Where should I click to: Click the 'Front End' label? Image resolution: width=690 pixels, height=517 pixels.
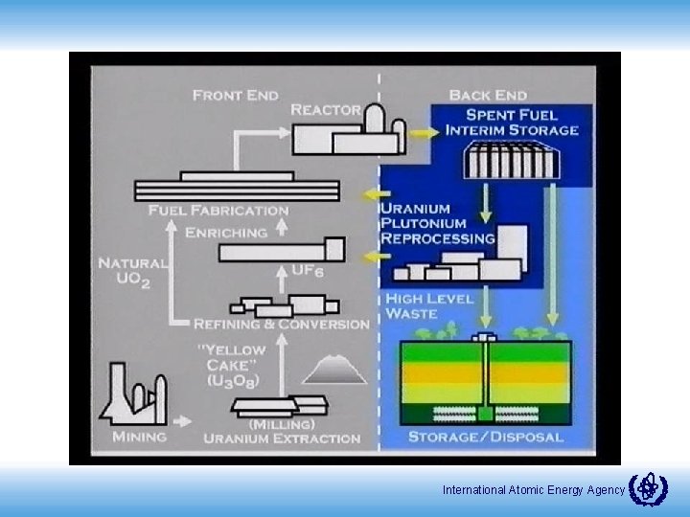pyautogui.click(x=236, y=95)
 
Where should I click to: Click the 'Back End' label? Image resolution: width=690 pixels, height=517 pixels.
pyautogui.click(x=488, y=95)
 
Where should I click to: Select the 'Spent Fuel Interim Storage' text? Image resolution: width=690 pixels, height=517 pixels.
pyautogui.click(x=511, y=123)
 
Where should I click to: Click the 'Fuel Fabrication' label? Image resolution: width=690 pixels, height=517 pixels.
pyautogui.click(x=218, y=210)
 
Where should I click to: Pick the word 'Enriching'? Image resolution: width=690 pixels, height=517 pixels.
pyautogui.click(x=226, y=233)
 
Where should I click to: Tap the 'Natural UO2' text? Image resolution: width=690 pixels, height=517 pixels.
pyautogui.click(x=132, y=272)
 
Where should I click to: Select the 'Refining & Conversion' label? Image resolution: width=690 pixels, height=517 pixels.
pyautogui.click(x=282, y=324)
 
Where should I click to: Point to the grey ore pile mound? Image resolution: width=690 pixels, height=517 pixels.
pyautogui.click(x=333, y=369)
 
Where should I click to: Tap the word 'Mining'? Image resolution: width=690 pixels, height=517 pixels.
pyautogui.click(x=139, y=437)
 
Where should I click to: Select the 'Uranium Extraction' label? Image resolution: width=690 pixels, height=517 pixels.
pyautogui.click(x=282, y=438)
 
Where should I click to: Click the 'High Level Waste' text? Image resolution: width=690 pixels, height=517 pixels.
pyautogui.click(x=428, y=306)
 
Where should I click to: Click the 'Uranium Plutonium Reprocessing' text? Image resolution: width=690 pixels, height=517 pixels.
pyautogui.click(x=438, y=223)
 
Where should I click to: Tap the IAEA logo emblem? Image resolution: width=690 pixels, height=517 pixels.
pyautogui.click(x=648, y=488)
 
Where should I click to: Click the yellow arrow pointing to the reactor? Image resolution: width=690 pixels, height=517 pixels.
pyautogui.click(x=420, y=135)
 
